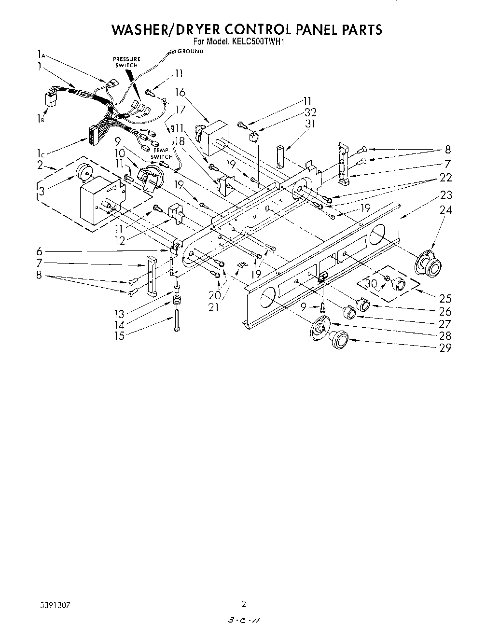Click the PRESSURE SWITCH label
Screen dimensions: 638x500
(x=126, y=62)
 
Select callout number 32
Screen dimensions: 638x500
(x=310, y=112)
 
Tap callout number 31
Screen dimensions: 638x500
(x=310, y=124)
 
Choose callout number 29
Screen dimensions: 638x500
(x=445, y=347)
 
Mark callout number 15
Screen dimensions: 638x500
(x=119, y=336)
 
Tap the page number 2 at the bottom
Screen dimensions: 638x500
(x=244, y=604)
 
